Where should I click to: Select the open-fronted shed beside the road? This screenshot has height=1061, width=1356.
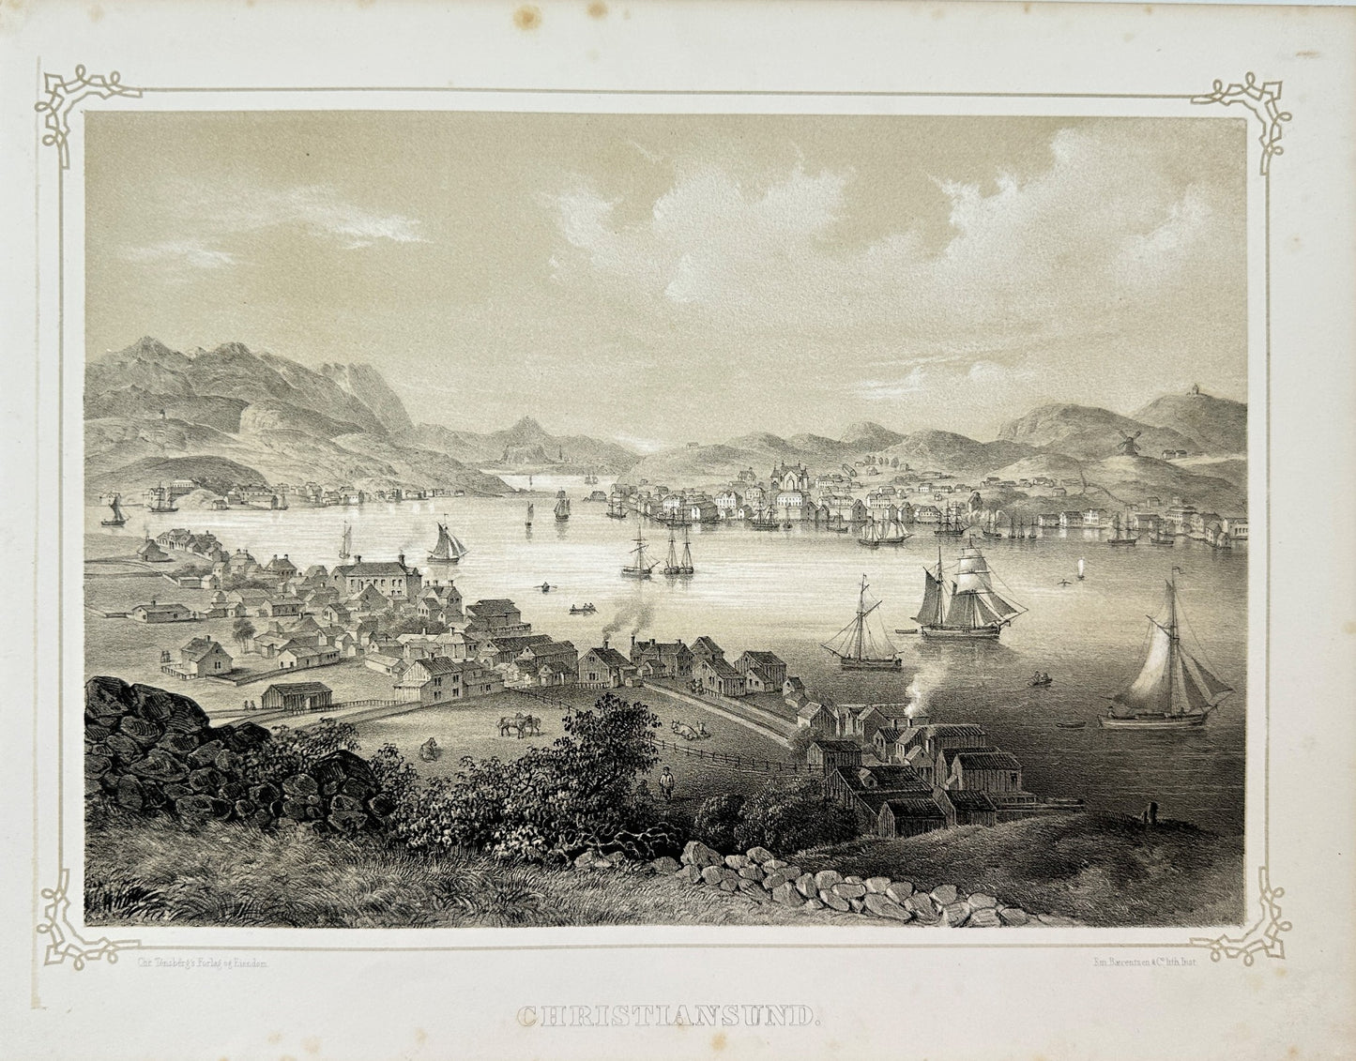point(297,695)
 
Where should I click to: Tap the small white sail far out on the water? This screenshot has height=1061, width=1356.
point(1081,568)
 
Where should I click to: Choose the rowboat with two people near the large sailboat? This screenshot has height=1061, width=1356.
point(1041,678)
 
